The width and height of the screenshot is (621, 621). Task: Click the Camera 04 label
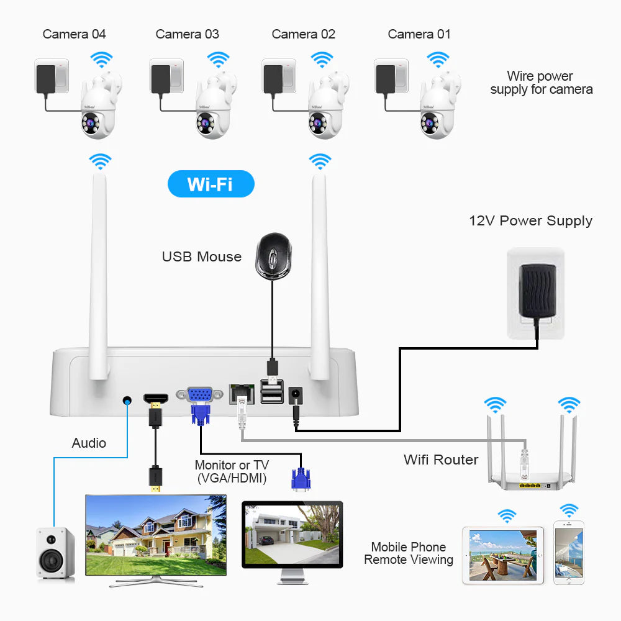pyautogui.click(x=74, y=34)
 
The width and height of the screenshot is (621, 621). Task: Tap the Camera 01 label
pyautogui.click(x=419, y=34)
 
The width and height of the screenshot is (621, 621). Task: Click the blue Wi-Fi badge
pyautogui.click(x=211, y=184)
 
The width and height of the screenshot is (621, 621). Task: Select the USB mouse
pyautogui.click(x=273, y=254)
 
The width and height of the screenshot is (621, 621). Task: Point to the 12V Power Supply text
pyautogui.click(x=530, y=221)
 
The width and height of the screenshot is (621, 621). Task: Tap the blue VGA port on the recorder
pyautogui.click(x=199, y=395)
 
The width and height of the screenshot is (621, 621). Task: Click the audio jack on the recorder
pyautogui.click(x=127, y=401)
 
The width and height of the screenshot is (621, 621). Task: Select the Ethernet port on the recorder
pyautogui.click(x=242, y=392)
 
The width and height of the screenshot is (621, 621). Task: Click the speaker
pyautogui.click(x=55, y=554)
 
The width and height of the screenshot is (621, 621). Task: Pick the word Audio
pyautogui.click(x=89, y=443)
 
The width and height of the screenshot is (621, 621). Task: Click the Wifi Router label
pyautogui.click(x=441, y=460)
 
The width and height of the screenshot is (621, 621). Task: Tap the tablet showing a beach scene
pyautogui.click(x=503, y=555)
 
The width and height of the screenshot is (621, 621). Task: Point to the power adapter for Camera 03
pyautogui.click(x=160, y=78)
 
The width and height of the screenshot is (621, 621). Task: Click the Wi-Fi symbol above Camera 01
pyautogui.click(x=438, y=60)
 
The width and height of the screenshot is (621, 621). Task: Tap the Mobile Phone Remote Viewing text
pyautogui.click(x=409, y=553)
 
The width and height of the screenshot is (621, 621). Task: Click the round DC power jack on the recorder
pyautogui.click(x=295, y=394)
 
